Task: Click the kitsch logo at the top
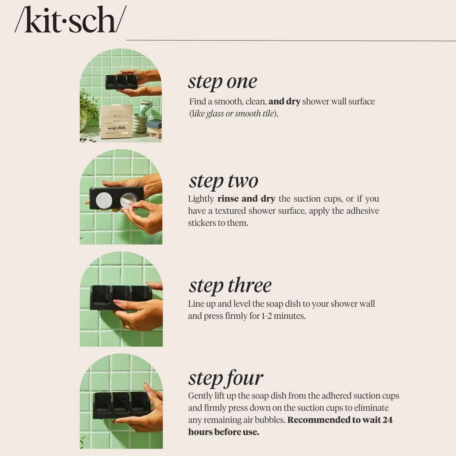click(x=70, y=20)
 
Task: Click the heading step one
click(x=222, y=82)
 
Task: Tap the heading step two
click(x=223, y=181)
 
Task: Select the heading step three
click(x=230, y=285)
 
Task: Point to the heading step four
click(x=225, y=378)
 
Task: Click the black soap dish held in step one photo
click(x=121, y=81)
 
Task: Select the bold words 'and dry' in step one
click(x=284, y=102)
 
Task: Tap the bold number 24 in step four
click(x=387, y=420)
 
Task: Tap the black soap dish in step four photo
click(x=121, y=404)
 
